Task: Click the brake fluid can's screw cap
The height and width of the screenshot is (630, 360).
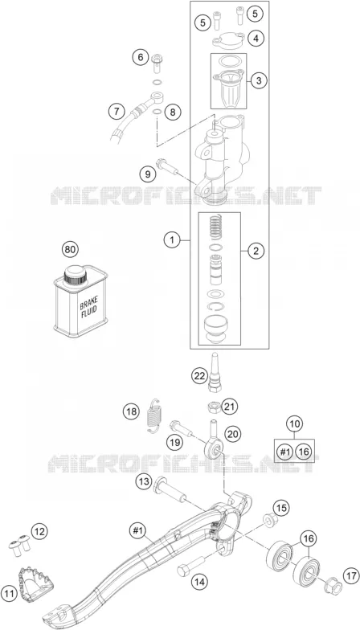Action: point(76,275)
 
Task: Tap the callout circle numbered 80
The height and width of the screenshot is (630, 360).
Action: point(71,249)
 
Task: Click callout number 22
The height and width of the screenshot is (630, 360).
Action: point(199,376)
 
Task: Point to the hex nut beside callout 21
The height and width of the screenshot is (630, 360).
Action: point(212,407)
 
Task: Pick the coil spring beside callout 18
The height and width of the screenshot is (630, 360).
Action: point(153,416)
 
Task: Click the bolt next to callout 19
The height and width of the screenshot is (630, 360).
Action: point(181,427)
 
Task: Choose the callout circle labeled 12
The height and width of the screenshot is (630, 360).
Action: point(39,532)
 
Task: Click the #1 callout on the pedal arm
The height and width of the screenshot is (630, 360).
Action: point(138,531)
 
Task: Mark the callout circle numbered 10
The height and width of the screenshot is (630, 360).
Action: point(295,424)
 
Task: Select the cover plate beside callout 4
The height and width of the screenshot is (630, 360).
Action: point(228,42)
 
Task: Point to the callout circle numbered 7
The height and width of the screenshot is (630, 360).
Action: point(117,111)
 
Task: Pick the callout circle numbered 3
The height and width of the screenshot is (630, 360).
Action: point(259,80)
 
